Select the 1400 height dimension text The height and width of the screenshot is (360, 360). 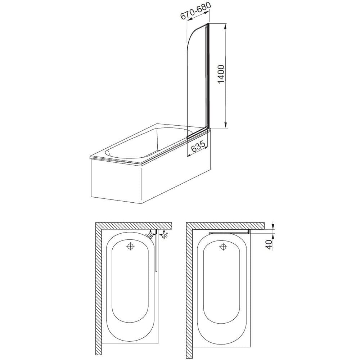point(221,75)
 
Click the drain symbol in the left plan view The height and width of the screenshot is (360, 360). point(130,247)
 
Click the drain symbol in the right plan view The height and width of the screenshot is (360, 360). point(223,247)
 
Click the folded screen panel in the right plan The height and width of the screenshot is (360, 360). point(229,233)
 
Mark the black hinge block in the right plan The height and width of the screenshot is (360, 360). point(249,231)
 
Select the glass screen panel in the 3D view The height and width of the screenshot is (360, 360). point(196,79)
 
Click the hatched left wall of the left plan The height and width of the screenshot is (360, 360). point(98,288)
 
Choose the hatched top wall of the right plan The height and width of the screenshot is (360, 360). point(227,225)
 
